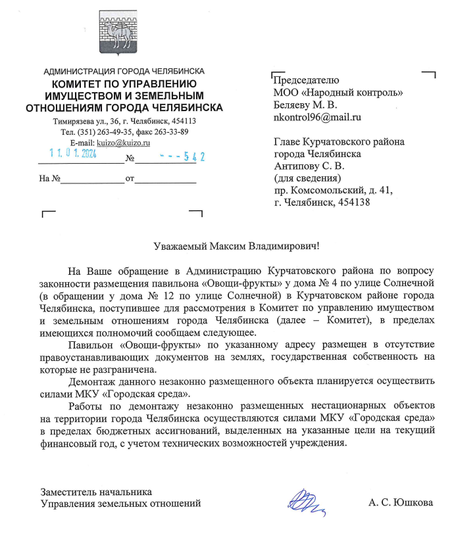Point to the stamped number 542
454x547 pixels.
pos(191,156)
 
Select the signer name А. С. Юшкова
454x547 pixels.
pos(401,504)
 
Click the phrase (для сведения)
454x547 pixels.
pos(305,178)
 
